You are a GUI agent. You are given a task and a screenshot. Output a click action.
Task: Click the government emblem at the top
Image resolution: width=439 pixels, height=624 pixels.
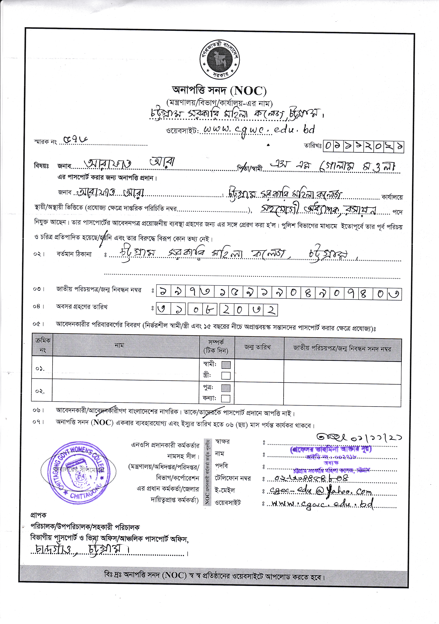point(220,59)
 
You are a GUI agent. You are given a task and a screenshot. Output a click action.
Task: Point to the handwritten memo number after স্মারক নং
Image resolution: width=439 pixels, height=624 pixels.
point(75,140)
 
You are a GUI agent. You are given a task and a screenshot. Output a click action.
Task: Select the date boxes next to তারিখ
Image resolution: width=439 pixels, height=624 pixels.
point(363,147)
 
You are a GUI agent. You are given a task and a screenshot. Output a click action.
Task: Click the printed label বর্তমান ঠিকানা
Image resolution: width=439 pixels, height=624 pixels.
point(74,254)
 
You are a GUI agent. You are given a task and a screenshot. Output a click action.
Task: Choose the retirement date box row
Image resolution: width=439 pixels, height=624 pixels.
point(217,310)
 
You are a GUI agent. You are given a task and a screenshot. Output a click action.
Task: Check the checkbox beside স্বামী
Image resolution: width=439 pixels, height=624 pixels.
point(226,365)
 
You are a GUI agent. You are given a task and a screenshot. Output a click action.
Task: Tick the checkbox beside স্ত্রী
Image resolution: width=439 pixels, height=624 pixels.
point(226,376)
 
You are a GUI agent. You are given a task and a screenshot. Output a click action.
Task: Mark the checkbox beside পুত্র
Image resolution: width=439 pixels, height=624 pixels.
point(226,388)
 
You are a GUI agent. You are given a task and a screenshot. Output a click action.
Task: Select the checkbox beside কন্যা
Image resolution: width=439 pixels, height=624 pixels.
point(226,398)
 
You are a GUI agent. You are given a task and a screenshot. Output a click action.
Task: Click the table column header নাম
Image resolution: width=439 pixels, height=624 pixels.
point(119,345)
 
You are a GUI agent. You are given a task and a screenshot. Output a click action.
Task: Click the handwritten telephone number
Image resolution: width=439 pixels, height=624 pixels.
point(311,478)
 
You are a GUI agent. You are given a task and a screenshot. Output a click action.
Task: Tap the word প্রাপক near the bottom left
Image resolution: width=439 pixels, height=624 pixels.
point(38,515)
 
